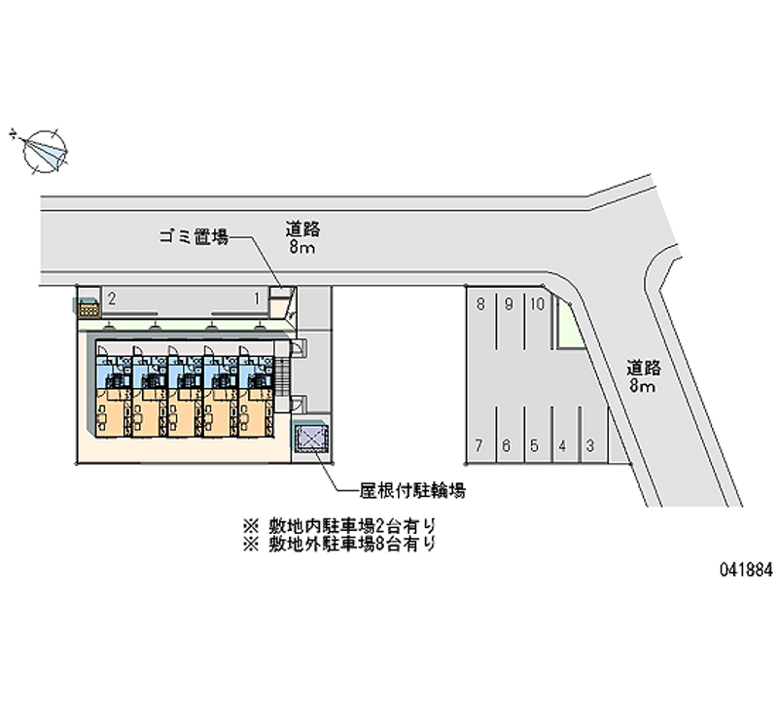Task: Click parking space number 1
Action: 257,299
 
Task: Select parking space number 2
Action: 113,299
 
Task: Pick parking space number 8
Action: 480,303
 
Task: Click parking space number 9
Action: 509,303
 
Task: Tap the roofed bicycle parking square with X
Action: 313,441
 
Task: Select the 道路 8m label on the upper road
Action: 302,239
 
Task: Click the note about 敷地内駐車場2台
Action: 339,525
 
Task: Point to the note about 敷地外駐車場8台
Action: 339,545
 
